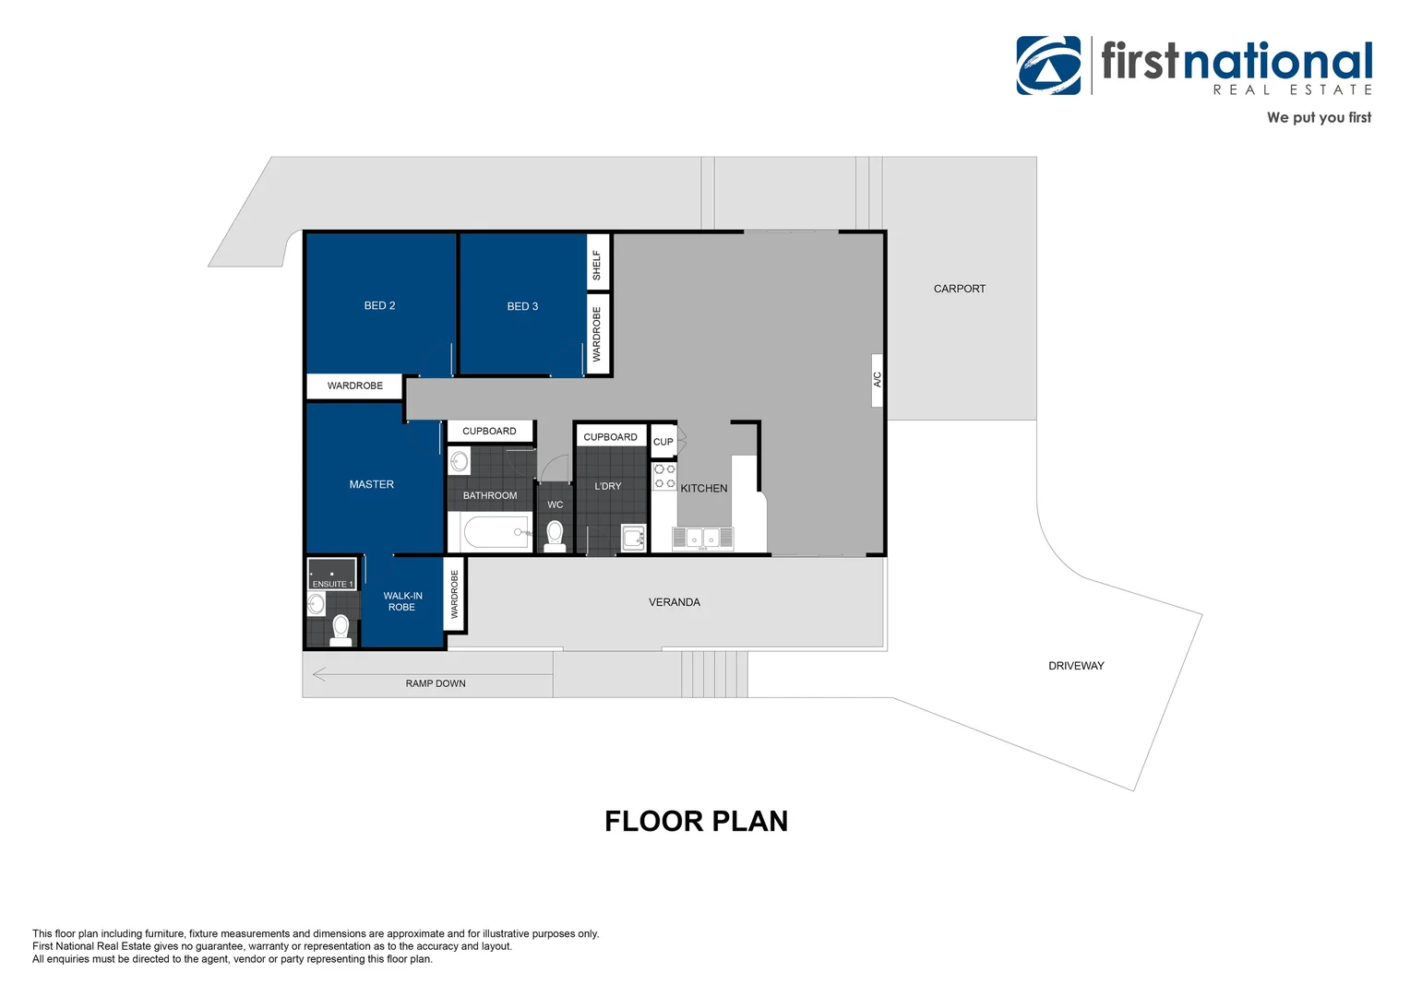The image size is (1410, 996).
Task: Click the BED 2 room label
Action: click(x=379, y=306)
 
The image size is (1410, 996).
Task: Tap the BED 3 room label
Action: click(x=522, y=306)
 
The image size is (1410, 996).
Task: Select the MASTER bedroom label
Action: click(x=371, y=484)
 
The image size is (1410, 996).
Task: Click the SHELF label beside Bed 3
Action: click(x=597, y=266)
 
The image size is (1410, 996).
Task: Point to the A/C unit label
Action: click(x=878, y=379)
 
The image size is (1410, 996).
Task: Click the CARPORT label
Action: click(x=960, y=289)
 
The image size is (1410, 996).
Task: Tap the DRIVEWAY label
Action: click(x=1076, y=666)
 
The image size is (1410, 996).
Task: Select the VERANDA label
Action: click(x=675, y=602)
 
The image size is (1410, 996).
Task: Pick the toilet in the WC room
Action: click(x=555, y=536)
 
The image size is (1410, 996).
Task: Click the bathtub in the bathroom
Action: click(x=496, y=532)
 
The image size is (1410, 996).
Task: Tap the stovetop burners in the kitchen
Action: click(x=664, y=476)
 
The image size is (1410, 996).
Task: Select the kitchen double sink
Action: click(x=702, y=539)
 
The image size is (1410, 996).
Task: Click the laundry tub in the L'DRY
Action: click(x=633, y=538)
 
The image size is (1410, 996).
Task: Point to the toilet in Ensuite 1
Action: click(x=341, y=631)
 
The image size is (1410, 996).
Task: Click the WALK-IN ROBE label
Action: click(x=402, y=601)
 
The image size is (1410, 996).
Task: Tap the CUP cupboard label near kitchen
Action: click(x=663, y=442)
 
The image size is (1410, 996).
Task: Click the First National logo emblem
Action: click(x=1048, y=65)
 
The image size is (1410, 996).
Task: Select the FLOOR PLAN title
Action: click(x=696, y=821)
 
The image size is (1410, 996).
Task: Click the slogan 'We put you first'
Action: click(x=1319, y=118)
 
